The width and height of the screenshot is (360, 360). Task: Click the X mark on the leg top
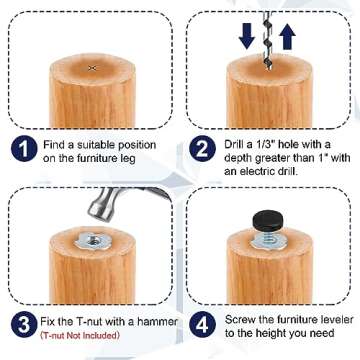click(x=92, y=67)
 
